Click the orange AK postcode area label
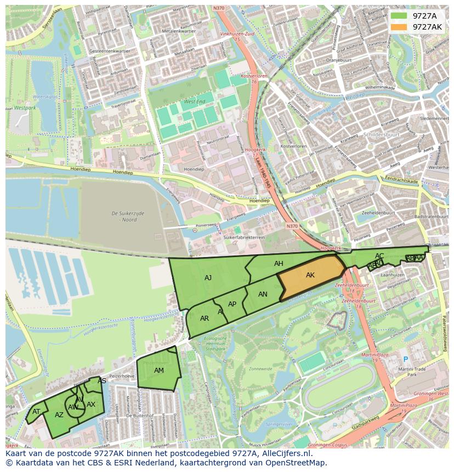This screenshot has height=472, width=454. (x=310, y=275)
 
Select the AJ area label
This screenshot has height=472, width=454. (x=208, y=278)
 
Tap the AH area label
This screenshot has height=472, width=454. (x=279, y=264)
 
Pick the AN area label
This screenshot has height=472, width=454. (x=263, y=294)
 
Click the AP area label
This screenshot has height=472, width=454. (x=232, y=304)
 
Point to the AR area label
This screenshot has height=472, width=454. (x=205, y=319)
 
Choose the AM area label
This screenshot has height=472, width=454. (x=159, y=371)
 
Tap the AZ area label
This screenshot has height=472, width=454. (x=59, y=415)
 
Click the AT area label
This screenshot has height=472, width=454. (x=36, y=412)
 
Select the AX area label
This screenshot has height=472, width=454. (x=91, y=405)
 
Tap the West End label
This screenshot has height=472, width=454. (x=194, y=102)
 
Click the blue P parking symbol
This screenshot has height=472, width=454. (x=406, y=360)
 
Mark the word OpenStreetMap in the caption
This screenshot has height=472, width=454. (x=298, y=463)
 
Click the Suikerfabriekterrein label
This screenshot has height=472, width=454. (x=244, y=237)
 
